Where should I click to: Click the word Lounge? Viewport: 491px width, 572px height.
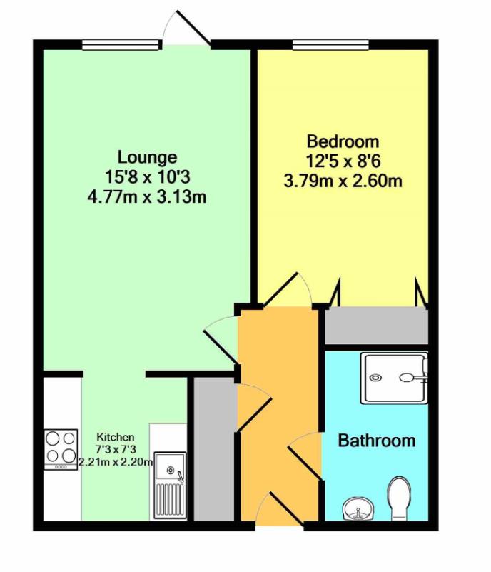tap(147, 157)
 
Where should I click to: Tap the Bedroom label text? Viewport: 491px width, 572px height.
tap(342, 141)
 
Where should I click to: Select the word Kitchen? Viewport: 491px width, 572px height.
tap(112, 436)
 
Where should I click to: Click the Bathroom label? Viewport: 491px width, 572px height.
tap(376, 440)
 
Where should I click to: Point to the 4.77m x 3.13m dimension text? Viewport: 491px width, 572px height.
tap(147, 196)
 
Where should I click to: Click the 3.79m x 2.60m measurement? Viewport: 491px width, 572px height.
tap(343, 181)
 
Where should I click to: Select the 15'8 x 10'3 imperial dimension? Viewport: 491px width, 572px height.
tap(147, 176)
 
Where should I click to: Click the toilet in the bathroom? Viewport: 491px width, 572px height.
tap(400, 497)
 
